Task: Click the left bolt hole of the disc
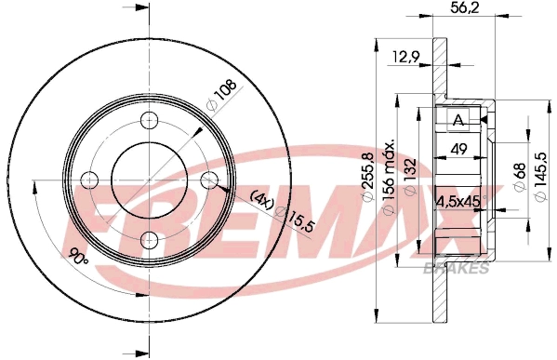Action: [89, 180]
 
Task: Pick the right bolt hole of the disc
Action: [208, 180]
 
